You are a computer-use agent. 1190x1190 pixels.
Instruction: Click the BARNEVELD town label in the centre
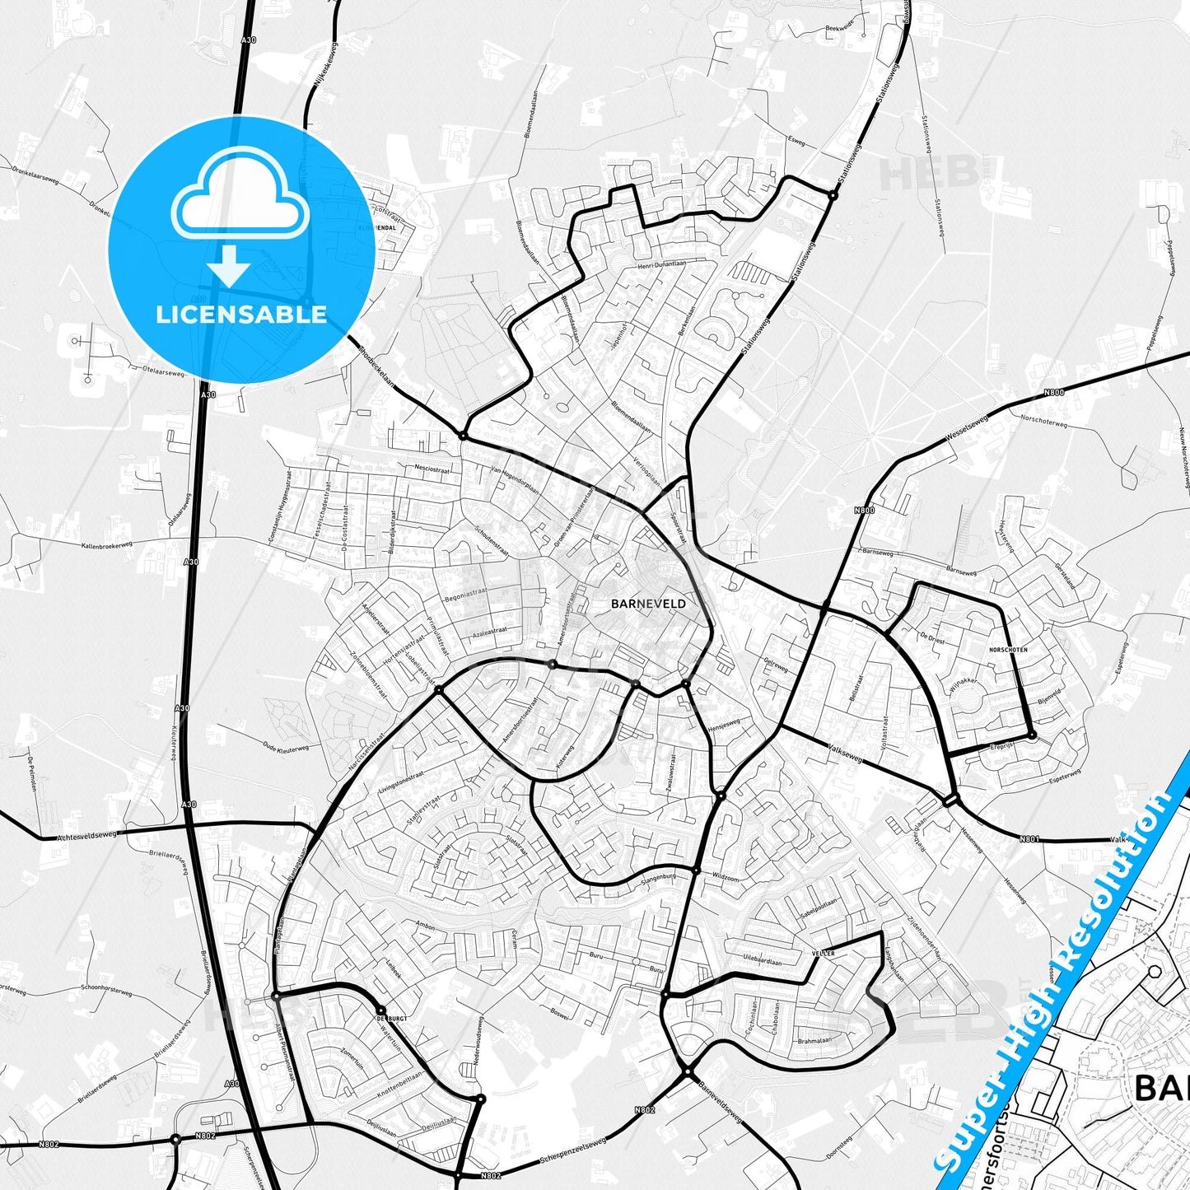point(637,604)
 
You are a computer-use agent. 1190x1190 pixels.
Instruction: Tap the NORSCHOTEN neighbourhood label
point(1008,650)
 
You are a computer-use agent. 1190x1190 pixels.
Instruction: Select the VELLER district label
point(823,953)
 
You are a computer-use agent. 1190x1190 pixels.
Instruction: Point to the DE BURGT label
point(392,1019)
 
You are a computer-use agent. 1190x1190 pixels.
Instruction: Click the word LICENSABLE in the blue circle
point(241,314)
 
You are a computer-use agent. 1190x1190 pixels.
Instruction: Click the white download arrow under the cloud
point(229,265)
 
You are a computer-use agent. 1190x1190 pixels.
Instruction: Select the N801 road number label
point(1029,839)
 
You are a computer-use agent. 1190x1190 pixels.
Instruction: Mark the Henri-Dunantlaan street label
point(661,265)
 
